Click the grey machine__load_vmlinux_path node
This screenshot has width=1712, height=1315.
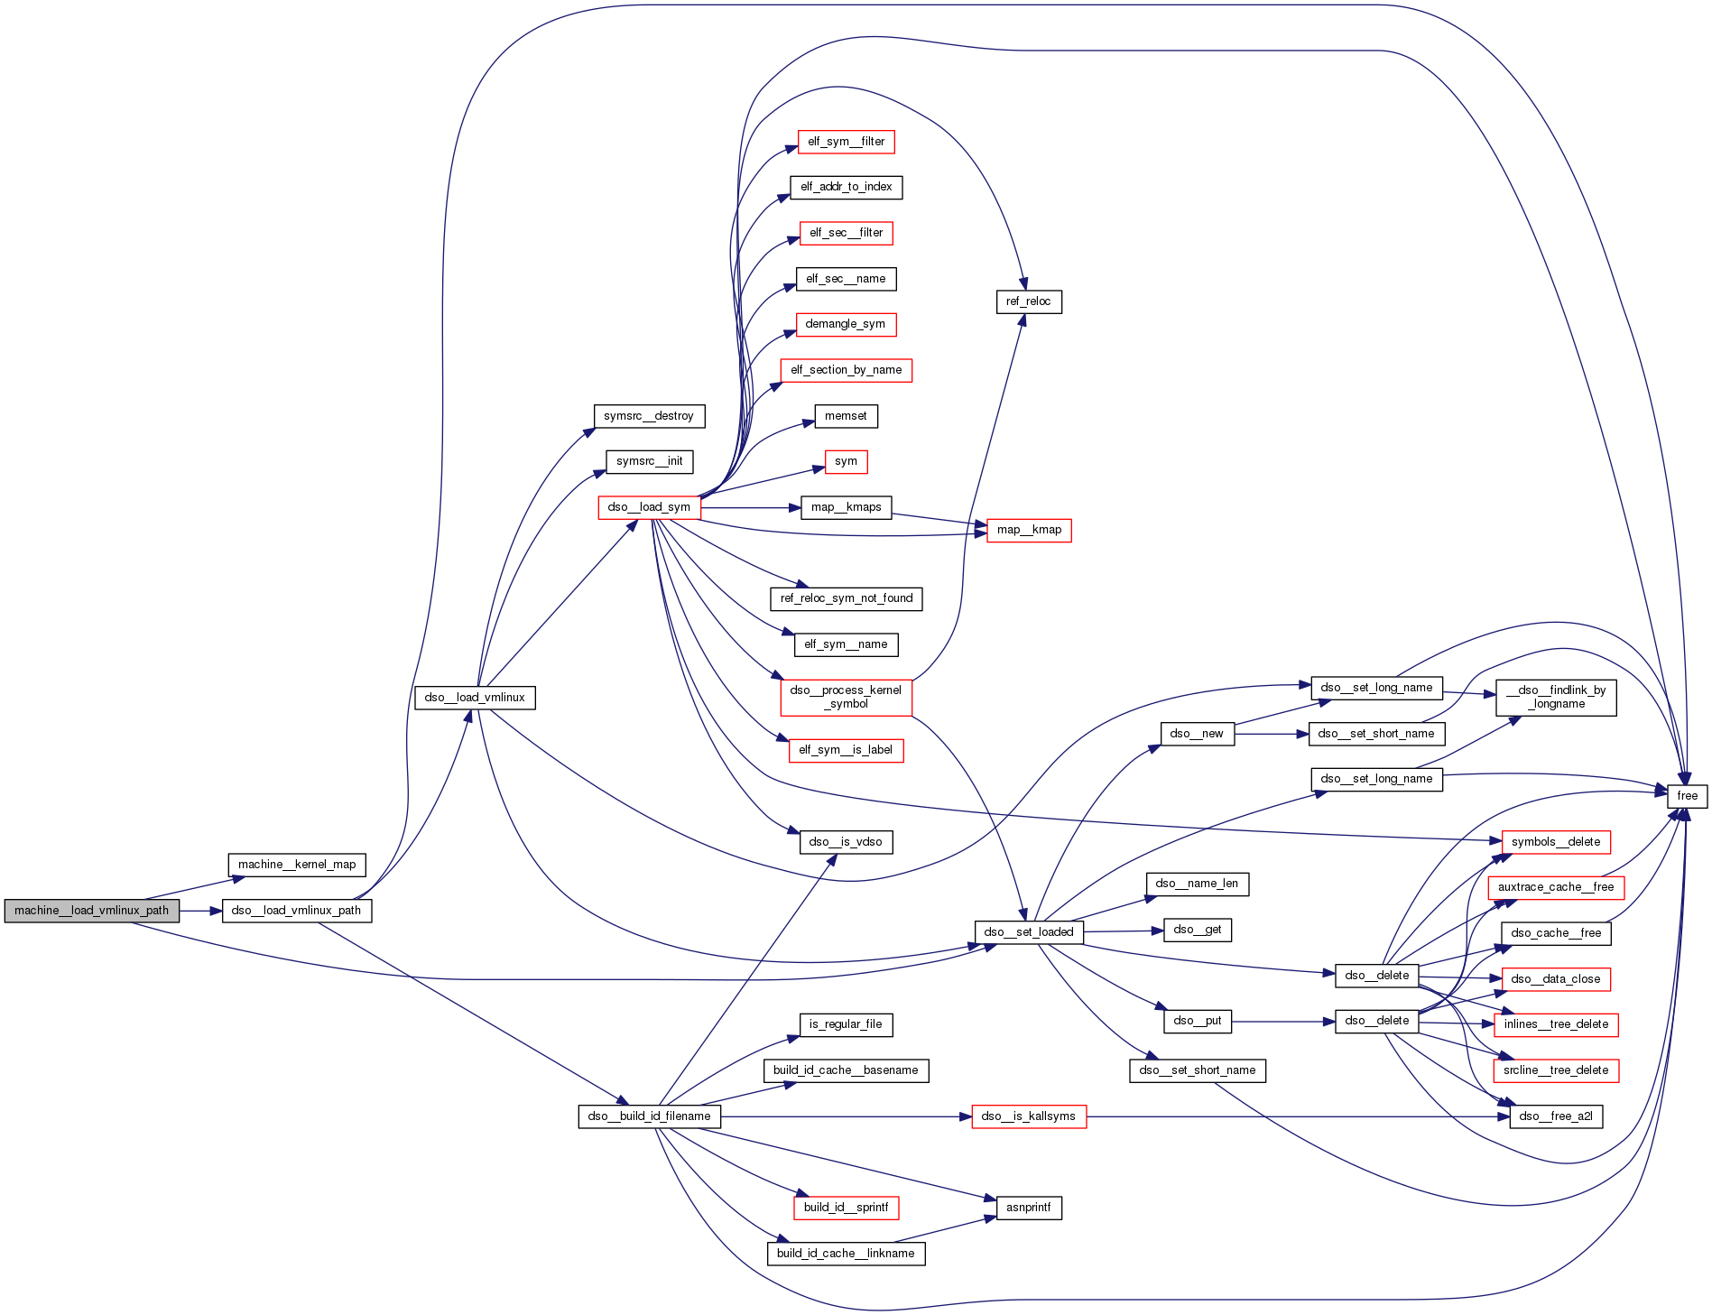pyautogui.click(x=91, y=911)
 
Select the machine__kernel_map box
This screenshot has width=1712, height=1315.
pyautogui.click(x=297, y=865)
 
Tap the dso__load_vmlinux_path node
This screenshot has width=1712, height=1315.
pyautogui.click(x=296, y=911)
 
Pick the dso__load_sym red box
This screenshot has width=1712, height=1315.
pyautogui.click(x=649, y=507)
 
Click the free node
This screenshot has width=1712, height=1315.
pyautogui.click(x=1687, y=796)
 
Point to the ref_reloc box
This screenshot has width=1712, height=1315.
pyautogui.click(x=1028, y=301)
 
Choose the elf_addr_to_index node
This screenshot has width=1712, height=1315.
pyautogui.click(x=846, y=187)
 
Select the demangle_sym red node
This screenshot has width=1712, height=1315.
pyautogui.click(x=846, y=324)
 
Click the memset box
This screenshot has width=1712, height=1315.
pyautogui.click(x=846, y=416)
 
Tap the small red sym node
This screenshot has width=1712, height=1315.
pyautogui.click(x=846, y=461)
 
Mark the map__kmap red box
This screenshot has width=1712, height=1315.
pyautogui.click(x=1029, y=530)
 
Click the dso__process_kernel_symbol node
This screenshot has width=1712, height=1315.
pyautogui.click(x=846, y=697)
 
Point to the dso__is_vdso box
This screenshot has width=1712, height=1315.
pyautogui.click(x=846, y=842)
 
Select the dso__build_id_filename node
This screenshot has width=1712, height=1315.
pyautogui.click(x=649, y=1116)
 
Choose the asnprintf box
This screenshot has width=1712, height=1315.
pyautogui.click(x=1028, y=1208)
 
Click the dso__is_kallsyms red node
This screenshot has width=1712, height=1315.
pyautogui.click(x=1028, y=1116)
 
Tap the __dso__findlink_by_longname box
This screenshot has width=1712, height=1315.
pyautogui.click(x=1556, y=697)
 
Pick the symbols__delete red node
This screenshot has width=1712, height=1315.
pyautogui.click(x=1555, y=842)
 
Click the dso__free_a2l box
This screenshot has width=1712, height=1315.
pyautogui.click(x=1555, y=1116)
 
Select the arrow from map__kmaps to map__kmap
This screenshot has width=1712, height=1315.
pyautogui.click(x=939, y=519)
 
